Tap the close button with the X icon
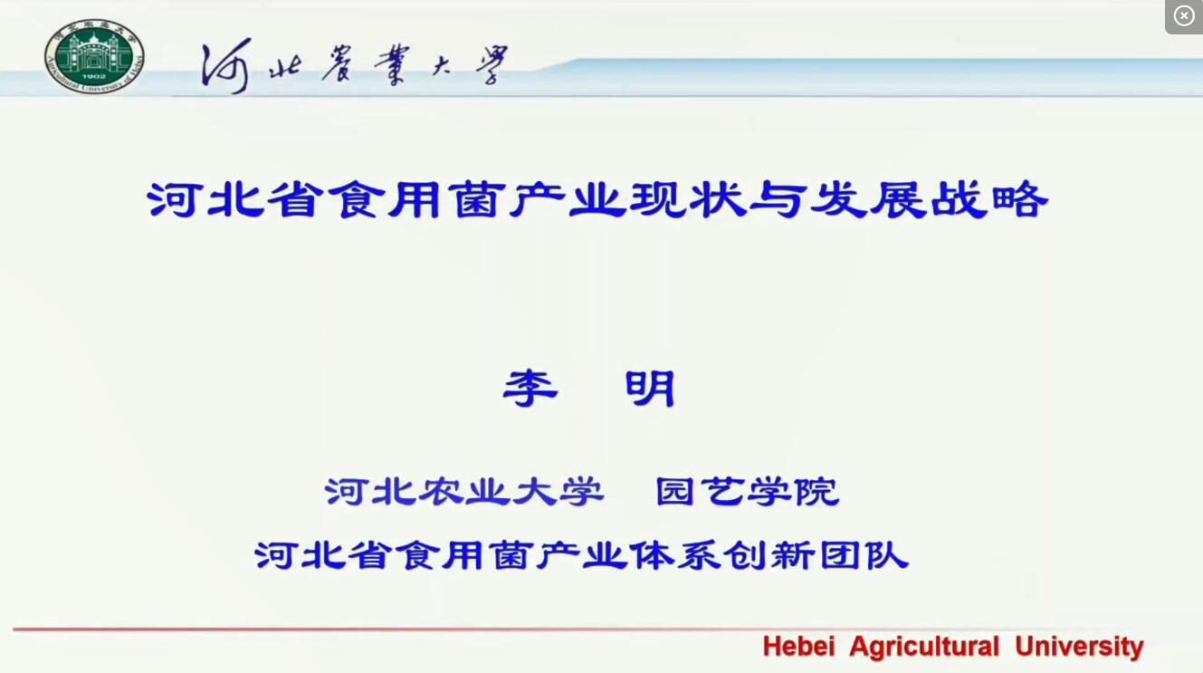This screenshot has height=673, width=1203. pos(1184,16)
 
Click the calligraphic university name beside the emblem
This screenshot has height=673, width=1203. pos(354,68)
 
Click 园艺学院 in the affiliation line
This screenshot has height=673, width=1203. pos(748,492)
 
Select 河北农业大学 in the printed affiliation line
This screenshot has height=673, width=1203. pos(463,492)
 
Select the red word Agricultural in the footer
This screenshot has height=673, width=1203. pos(923,647)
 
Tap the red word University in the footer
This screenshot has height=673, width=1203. pos(1079,647)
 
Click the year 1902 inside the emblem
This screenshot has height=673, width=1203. pos(94,76)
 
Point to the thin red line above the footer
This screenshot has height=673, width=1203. pos(362,629)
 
